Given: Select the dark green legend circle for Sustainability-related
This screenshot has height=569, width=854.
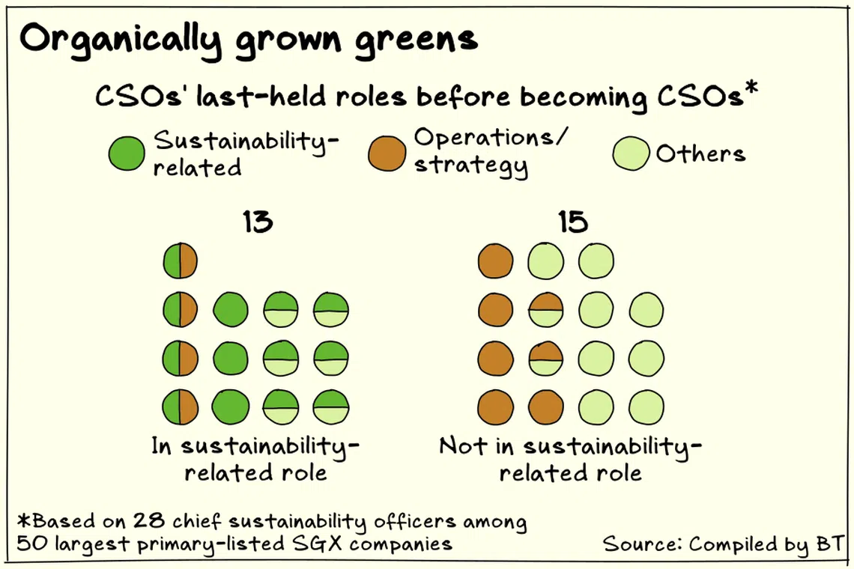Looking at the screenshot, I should point(126,153).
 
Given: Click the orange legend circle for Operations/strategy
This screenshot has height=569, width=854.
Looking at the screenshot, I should point(386,153).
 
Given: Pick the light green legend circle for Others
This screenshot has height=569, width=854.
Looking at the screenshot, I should point(631,153).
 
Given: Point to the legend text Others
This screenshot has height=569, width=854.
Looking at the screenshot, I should point(700,153).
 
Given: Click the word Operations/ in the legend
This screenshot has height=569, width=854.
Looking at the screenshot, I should point(491,138).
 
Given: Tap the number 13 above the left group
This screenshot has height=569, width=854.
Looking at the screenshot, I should point(257,222).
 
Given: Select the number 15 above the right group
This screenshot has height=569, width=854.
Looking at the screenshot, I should point(572,222).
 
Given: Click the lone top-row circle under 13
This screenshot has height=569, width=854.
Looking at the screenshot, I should point(180,262).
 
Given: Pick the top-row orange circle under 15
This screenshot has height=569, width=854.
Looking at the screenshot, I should point(496,262).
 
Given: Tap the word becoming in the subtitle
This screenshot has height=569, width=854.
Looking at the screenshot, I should point(587,98).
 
